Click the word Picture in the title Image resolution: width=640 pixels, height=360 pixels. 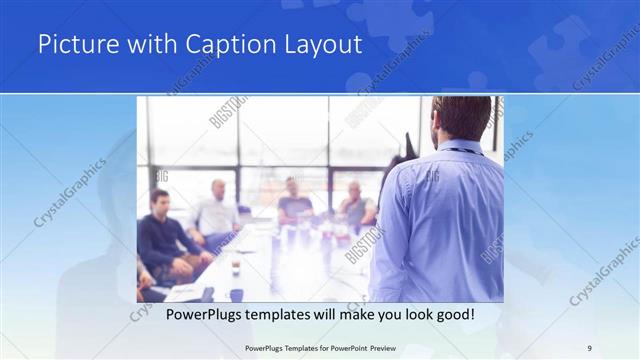coord(73,46)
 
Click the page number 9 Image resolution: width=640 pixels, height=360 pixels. coord(589,347)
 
